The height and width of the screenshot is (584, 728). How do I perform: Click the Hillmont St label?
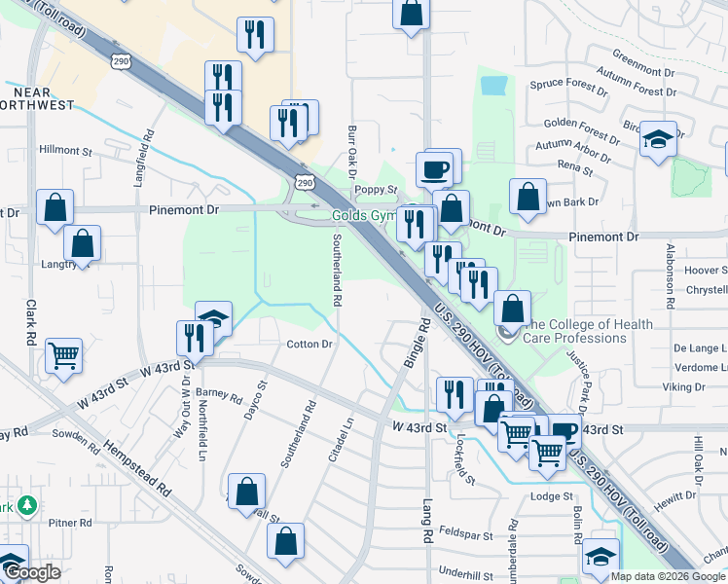pyautogui.click(x=65, y=152)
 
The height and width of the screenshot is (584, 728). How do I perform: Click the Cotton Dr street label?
pyautogui.click(x=309, y=345)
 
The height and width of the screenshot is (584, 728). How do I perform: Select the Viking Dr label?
pyautogui.click(x=683, y=387)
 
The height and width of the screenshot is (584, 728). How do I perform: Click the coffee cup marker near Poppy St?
pyautogui.click(x=434, y=169)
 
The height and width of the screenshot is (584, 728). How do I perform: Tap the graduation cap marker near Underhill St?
pyautogui.click(x=601, y=557)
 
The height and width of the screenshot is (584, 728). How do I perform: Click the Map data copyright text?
pyautogui.click(x=667, y=576)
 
